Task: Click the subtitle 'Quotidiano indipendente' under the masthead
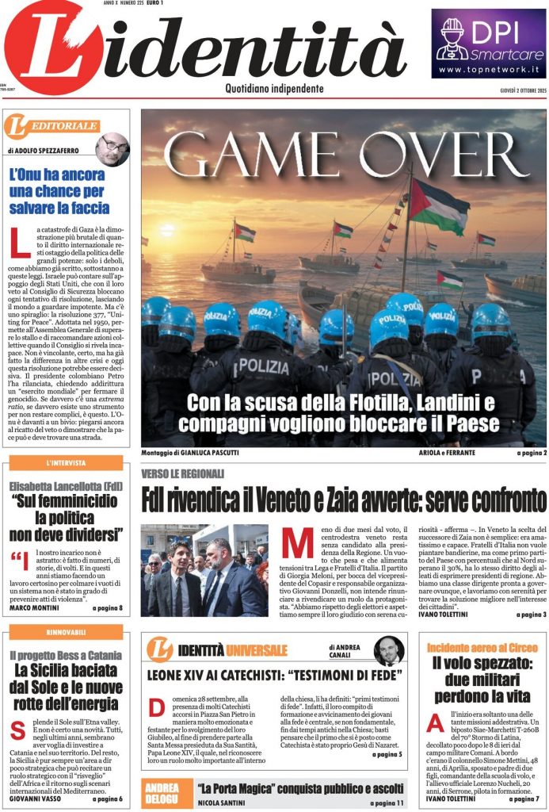point(274,89)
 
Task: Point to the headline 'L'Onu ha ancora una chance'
point(59,191)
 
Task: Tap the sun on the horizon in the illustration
point(166,231)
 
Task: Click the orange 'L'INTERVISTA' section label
point(67,463)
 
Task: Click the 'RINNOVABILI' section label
point(67,633)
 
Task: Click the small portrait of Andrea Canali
point(388,650)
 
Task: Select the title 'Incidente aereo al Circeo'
point(482,648)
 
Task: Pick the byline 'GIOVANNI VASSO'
point(39,799)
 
